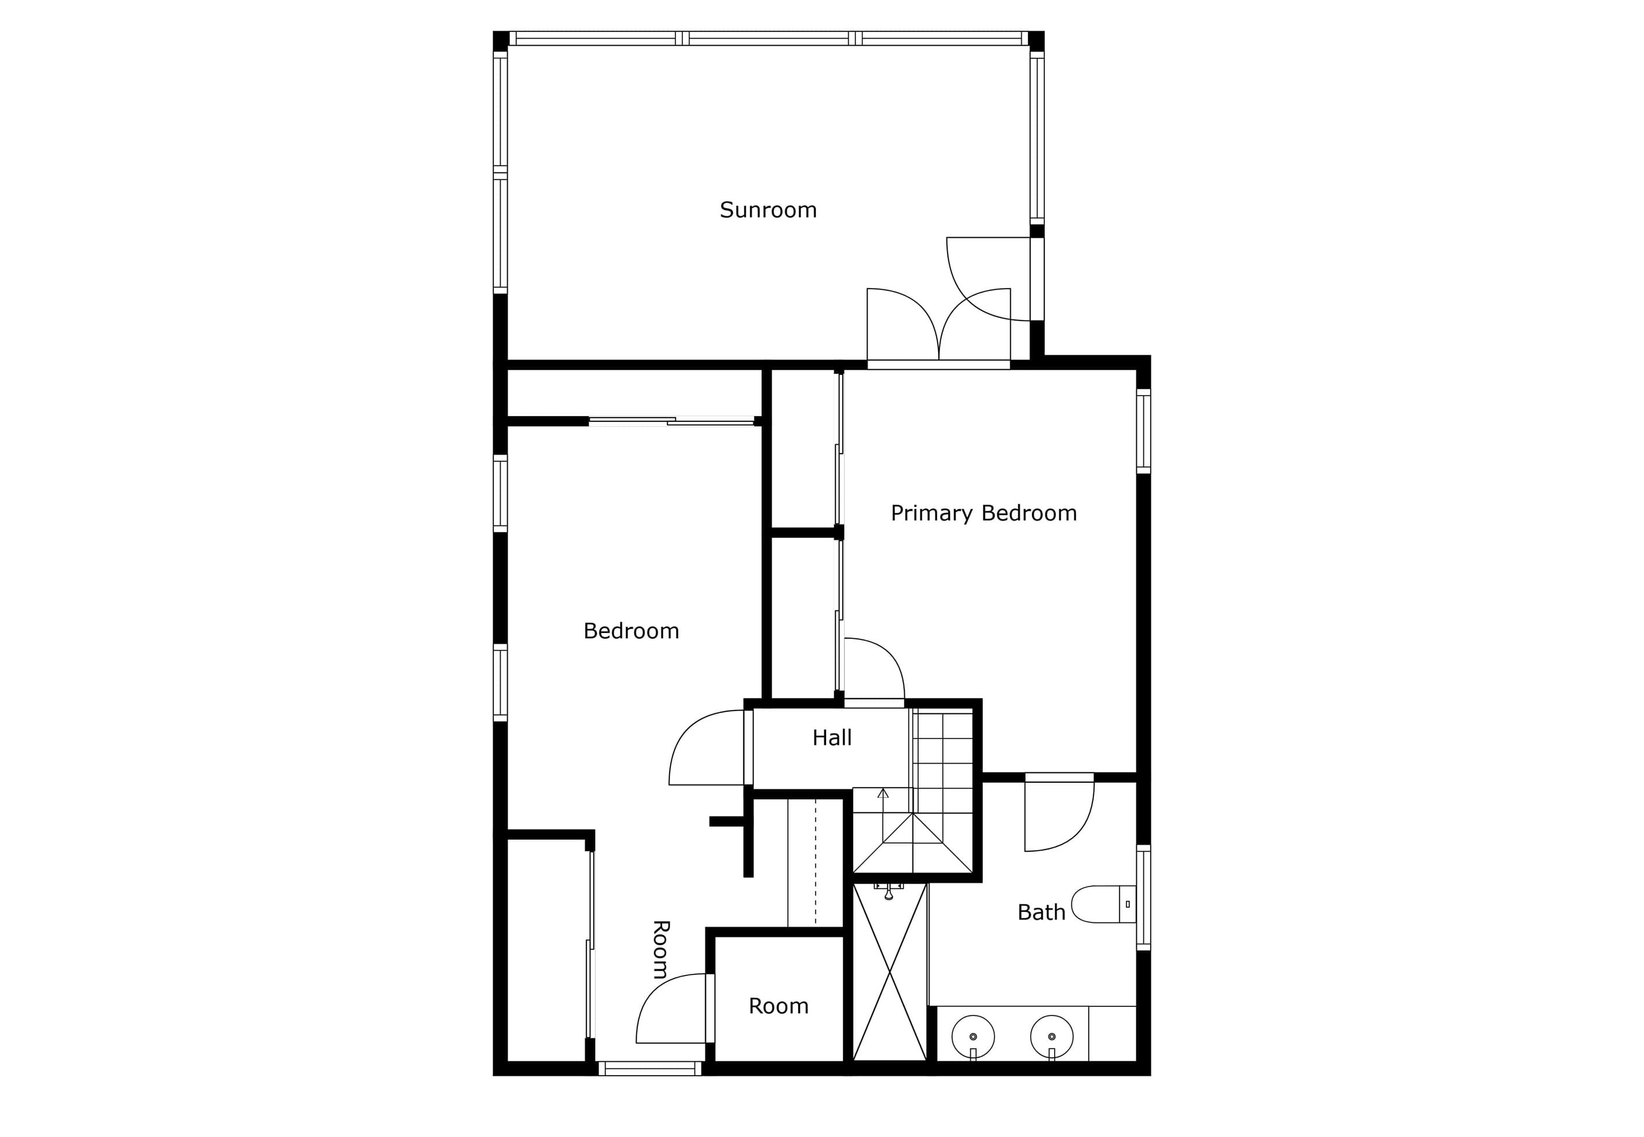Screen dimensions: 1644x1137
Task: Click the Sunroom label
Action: [768, 210]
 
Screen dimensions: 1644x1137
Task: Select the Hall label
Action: [832, 737]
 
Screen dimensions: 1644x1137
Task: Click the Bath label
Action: [1041, 912]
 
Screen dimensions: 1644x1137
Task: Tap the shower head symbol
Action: [889, 891]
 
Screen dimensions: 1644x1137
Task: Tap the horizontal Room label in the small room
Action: [778, 1006]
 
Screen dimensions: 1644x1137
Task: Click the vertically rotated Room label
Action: [661, 950]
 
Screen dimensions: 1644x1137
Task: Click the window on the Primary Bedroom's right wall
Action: [1143, 431]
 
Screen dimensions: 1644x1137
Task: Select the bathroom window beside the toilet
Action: [1143, 897]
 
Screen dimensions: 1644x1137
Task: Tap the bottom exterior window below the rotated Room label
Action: [650, 1068]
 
